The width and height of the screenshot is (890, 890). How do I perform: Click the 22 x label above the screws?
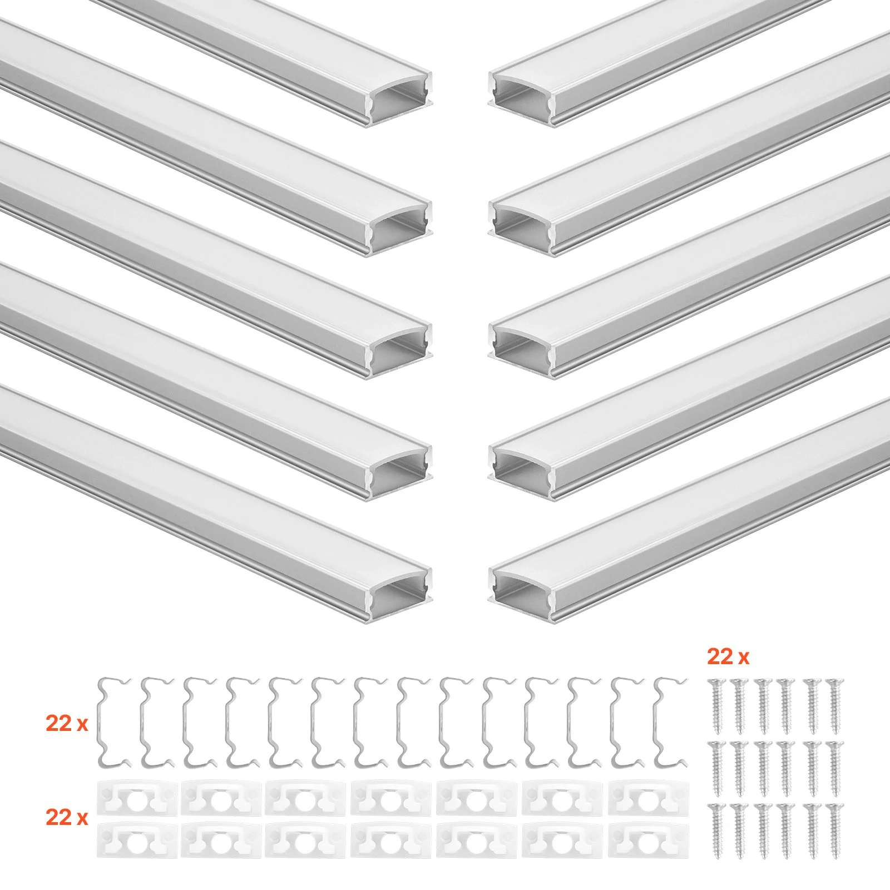tap(728, 657)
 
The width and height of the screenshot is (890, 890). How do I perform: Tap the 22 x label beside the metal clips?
tap(67, 724)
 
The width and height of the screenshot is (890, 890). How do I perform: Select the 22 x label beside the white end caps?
tap(67, 818)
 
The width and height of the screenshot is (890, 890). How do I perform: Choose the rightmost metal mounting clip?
tap(671, 721)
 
